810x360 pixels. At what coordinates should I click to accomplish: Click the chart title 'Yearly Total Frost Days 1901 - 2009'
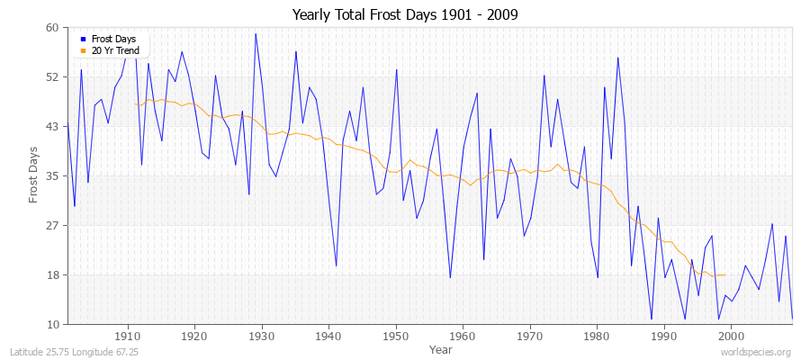click(405, 14)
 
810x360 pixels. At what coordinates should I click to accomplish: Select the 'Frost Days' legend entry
click(113, 40)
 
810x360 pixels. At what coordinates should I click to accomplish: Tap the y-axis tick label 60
click(52, 28)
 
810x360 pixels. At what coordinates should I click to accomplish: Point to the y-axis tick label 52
click(52, 77)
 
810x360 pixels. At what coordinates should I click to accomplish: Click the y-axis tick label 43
click(52, 127)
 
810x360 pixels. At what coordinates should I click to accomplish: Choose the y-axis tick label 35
click(52, 176)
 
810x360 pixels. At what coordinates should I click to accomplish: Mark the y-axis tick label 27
click(52, 226)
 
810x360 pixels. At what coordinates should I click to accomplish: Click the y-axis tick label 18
click(52, 275)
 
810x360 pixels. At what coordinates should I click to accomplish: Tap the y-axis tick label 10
click(52, 325)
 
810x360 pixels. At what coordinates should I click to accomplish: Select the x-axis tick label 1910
click(127, 336)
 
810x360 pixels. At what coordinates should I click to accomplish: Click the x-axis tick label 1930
click(261, 336)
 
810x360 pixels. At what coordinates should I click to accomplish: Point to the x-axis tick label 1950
click(395, 336)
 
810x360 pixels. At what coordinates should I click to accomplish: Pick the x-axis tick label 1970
click(530, 336)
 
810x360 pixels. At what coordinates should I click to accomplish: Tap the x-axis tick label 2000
click(732, 336)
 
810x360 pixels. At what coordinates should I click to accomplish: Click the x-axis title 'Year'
click(441, 349)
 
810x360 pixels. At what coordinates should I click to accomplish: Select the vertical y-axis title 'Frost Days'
click(33, 175)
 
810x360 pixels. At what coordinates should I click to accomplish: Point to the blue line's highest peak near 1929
click(256, 34)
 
